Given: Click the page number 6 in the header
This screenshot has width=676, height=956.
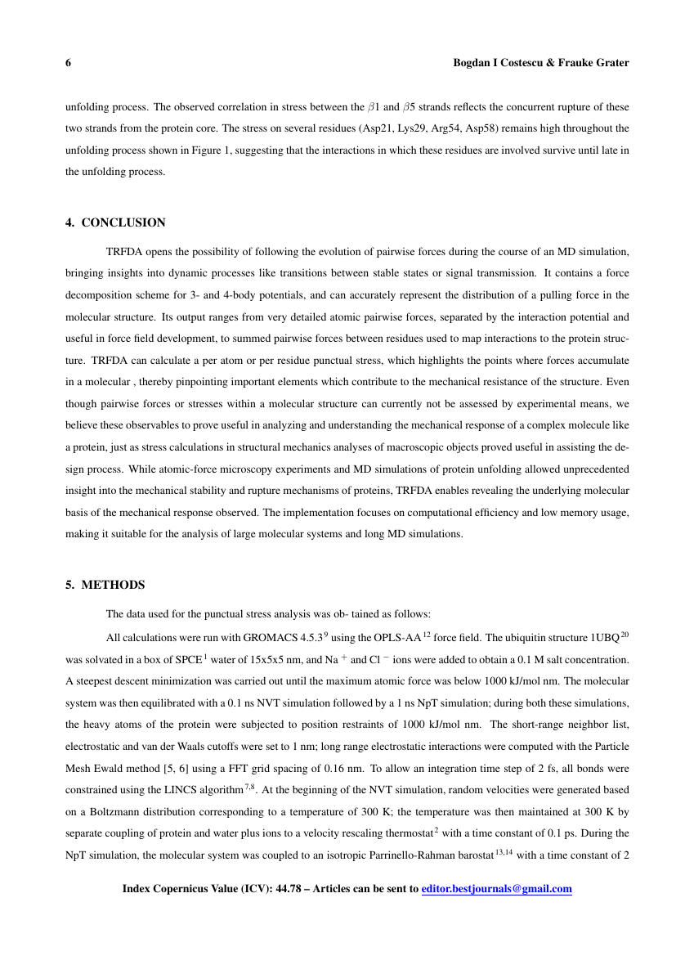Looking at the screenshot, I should [x=69, y=63].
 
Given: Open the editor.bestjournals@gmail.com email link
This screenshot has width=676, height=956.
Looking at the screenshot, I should [x=496, y=889].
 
